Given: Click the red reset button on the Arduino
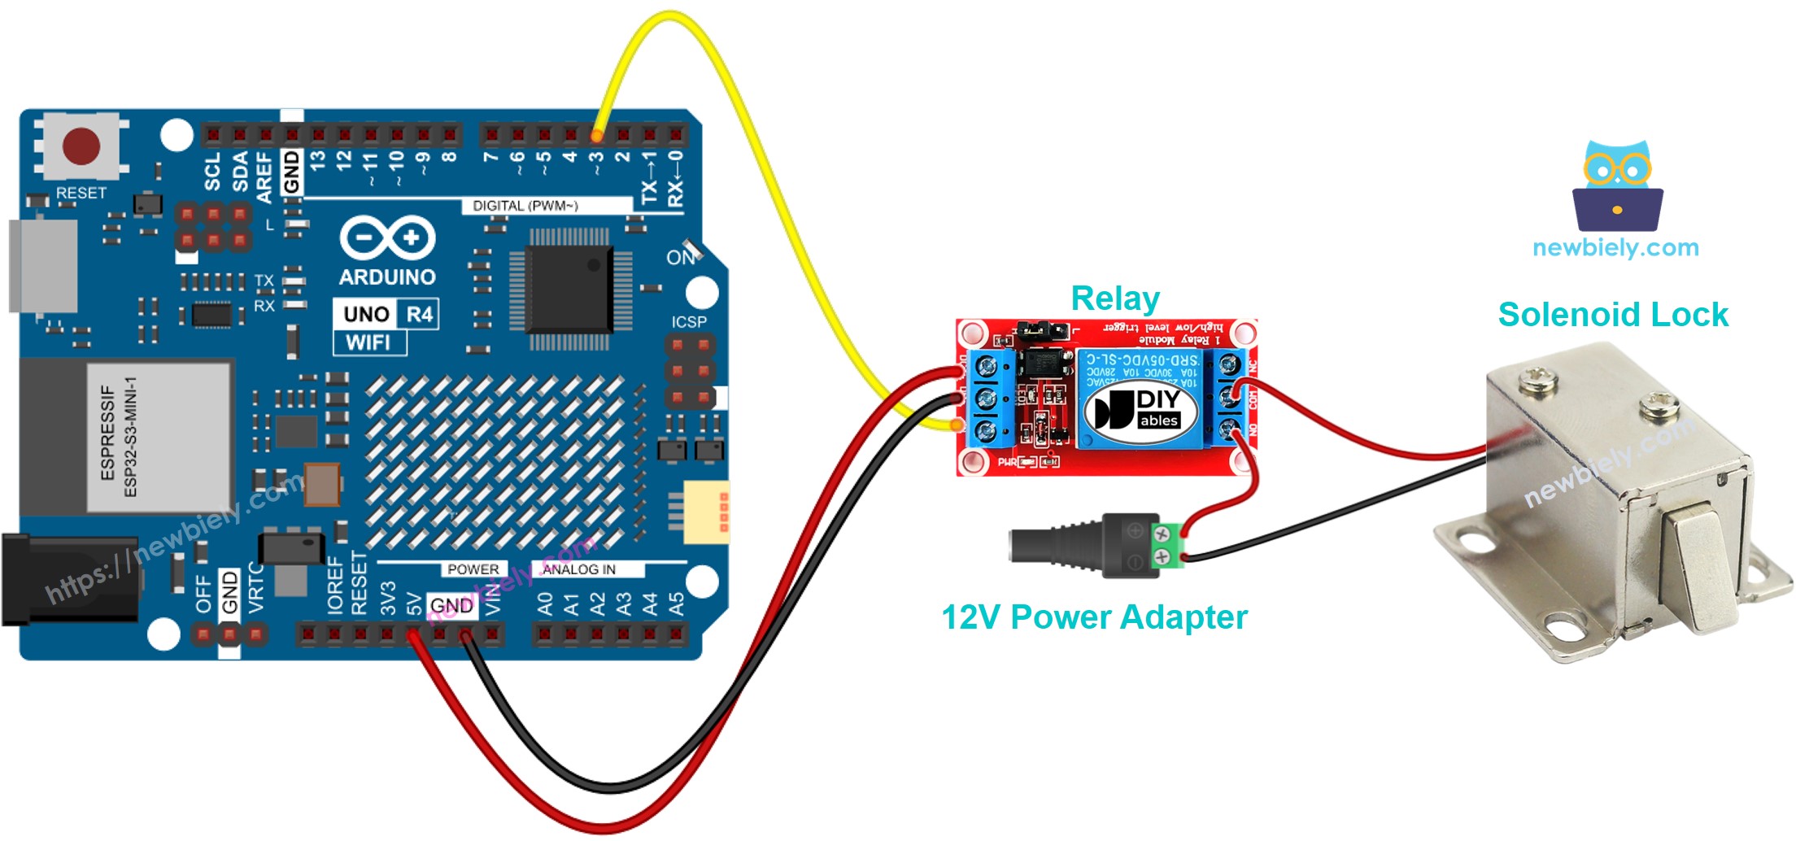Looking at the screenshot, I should (x=81, y=147).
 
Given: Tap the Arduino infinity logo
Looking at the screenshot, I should (x=387, y=237).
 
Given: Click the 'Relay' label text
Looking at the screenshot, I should (x=1114, y=298).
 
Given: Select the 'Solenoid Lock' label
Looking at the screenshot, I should (x=1612, y=315).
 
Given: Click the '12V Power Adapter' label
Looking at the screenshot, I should (x=1093, y=617).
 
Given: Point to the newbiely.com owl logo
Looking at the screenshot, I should (x=1617, y=187).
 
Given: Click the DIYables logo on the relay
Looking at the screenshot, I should (x=1142, y=410).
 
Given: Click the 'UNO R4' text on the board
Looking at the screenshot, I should (x=387, y=314).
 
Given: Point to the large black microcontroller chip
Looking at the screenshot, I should (x=569, y=289).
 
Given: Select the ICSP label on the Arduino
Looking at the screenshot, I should (x=688, y=322).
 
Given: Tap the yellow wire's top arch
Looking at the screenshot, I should (x=671, y=16).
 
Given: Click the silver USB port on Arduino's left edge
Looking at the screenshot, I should (x=42, y=265).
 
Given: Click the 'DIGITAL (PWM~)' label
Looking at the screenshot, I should (x=525, y=206).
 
